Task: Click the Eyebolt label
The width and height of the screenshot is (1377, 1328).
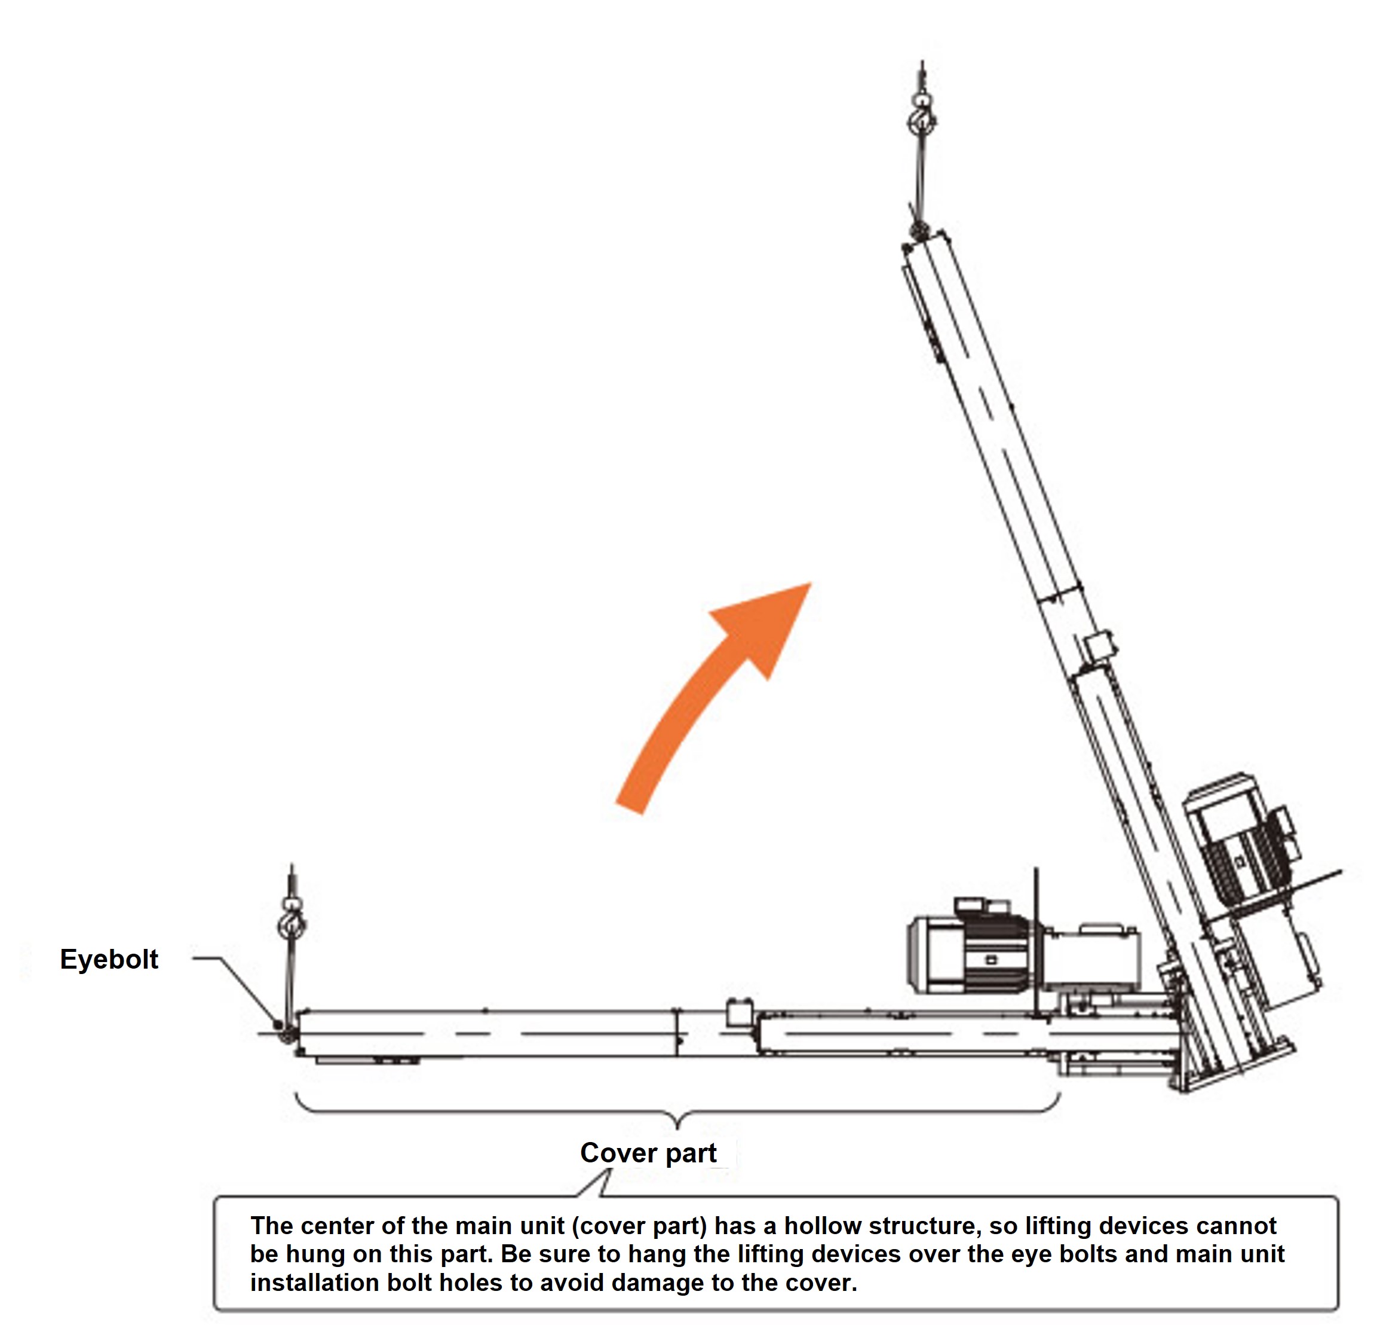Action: (x=109, y=959)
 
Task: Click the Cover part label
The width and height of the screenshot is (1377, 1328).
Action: (x=648, y=1153)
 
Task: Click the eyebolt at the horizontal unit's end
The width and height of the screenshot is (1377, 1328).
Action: (x=280, y=1025)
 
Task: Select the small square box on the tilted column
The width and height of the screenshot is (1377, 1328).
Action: (x=1099, y=645)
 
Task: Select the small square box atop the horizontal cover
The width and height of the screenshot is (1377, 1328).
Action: (x=740, y=1012)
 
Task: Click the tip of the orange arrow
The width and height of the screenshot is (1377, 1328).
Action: (x=811, y=582)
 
